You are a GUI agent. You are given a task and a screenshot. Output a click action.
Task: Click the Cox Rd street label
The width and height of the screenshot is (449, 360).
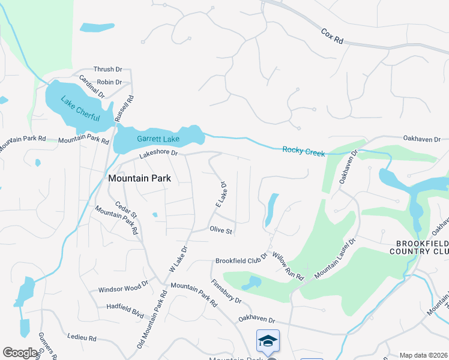(x=332, y=36)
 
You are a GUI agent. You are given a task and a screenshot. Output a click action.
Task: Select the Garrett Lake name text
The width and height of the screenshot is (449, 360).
(x=158, y=139)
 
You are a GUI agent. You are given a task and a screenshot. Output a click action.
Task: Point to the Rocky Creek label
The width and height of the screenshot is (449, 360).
(x=304, y=152)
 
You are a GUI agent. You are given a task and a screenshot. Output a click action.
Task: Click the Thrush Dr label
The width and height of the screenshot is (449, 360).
(x=107, y=70)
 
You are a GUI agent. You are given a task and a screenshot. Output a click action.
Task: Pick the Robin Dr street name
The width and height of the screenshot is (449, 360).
(x=109, y=82)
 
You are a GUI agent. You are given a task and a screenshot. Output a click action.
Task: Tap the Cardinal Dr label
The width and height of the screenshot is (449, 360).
(x=92, y=87)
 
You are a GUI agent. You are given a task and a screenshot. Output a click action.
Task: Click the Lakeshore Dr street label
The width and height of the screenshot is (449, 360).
(x=159, y=154)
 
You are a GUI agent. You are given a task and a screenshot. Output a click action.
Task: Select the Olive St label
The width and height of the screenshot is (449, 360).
(x=221, y=230)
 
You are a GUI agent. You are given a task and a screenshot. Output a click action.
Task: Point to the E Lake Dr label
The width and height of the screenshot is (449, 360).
(x=221, y=196)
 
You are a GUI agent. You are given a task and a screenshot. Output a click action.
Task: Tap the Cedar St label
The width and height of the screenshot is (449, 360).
(x=127, y=210)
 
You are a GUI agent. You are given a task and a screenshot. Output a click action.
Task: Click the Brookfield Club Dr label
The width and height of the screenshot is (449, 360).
(x=241, y=260)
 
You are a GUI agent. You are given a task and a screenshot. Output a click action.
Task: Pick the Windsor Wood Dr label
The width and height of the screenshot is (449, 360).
(x=123, y=289)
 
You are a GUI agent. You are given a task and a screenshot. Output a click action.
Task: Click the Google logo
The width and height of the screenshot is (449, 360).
(x=20, y=353)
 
